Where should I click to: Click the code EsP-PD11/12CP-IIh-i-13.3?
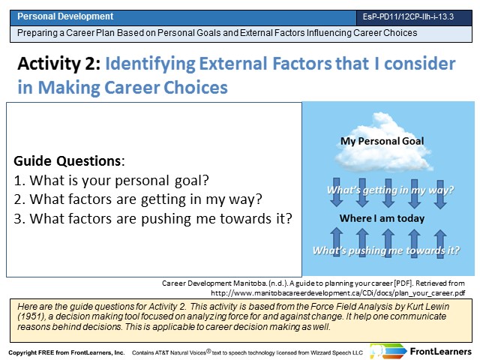pos(408,16)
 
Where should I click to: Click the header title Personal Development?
pos(65,16)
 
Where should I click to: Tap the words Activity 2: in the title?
pos(59,64)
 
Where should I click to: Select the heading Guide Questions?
pos(67,161)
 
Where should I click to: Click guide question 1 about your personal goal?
pos(112,181)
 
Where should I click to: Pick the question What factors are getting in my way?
pos(138,199)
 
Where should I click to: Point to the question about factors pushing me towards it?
pos(153,218)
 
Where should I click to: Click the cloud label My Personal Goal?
pos(382,141)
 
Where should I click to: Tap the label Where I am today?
pos(382,218)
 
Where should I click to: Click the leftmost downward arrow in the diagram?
pos(337,193)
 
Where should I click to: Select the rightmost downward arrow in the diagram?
pos(440,193)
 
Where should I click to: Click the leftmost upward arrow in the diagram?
pos(337,242)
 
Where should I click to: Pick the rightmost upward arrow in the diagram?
pos(440,244)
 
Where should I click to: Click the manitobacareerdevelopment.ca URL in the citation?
pos(338,293)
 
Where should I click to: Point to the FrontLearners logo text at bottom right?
pos(440,352)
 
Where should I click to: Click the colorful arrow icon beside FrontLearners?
pos(388,351)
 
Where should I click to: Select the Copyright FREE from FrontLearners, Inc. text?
pos(67,352)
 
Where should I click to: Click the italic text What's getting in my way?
pos(390,190)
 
